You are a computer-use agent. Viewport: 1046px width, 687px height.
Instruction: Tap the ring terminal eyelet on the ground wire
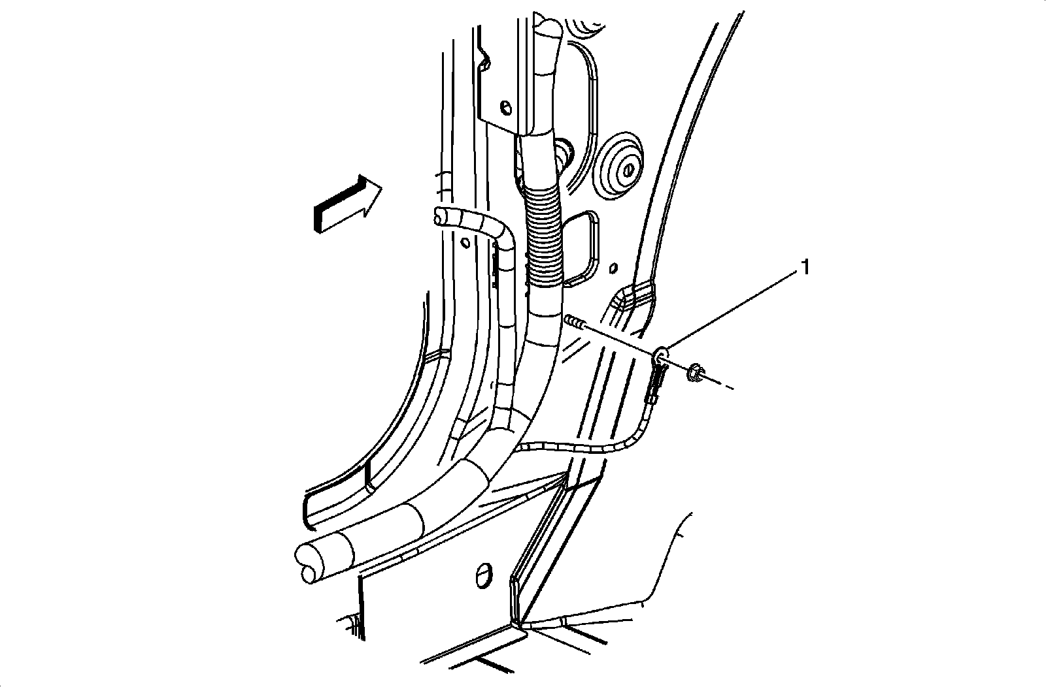tap(662, 355)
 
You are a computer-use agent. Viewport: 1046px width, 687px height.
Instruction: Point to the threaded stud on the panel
tap(574, 321)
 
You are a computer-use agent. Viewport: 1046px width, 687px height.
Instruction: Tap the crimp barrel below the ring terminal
tap(655, 385)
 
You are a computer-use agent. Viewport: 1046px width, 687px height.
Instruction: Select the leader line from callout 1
tap(732, 310)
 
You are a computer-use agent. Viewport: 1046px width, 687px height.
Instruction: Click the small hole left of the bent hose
tap(465, 243)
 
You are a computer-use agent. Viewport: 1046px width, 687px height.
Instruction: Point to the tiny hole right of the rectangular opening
tap(613, 267)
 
